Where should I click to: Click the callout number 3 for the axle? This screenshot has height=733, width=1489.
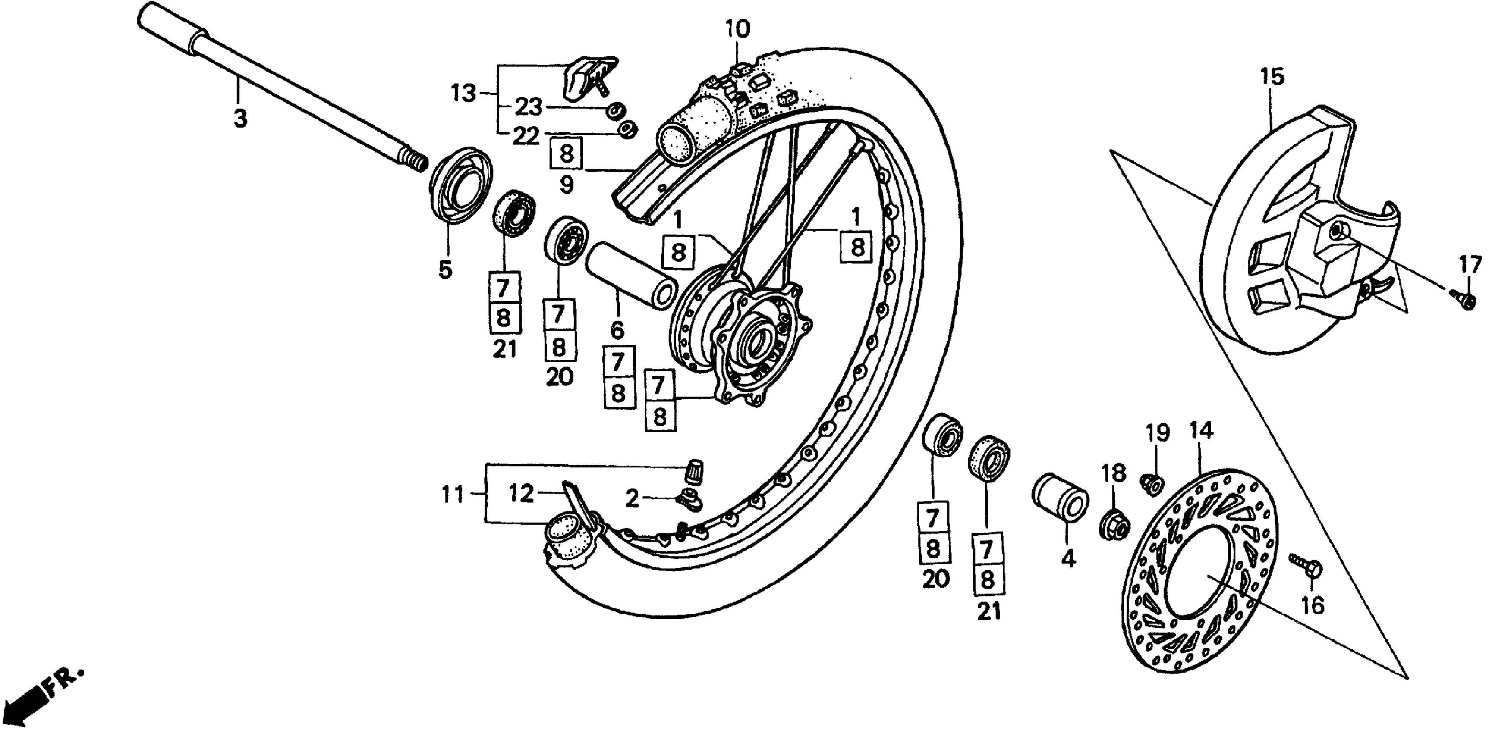240,119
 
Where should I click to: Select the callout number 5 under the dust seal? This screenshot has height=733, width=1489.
445,269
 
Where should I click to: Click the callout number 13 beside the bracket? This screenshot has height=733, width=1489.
463,93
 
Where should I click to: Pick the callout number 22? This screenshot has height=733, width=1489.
526,136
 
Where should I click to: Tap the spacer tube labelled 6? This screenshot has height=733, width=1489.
631,275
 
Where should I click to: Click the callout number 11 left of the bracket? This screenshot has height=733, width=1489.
453,495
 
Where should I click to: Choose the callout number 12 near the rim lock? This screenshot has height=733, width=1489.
521,495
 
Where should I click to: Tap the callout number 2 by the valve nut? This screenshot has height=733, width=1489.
633,498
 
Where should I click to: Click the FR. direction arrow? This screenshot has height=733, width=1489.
35,699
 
